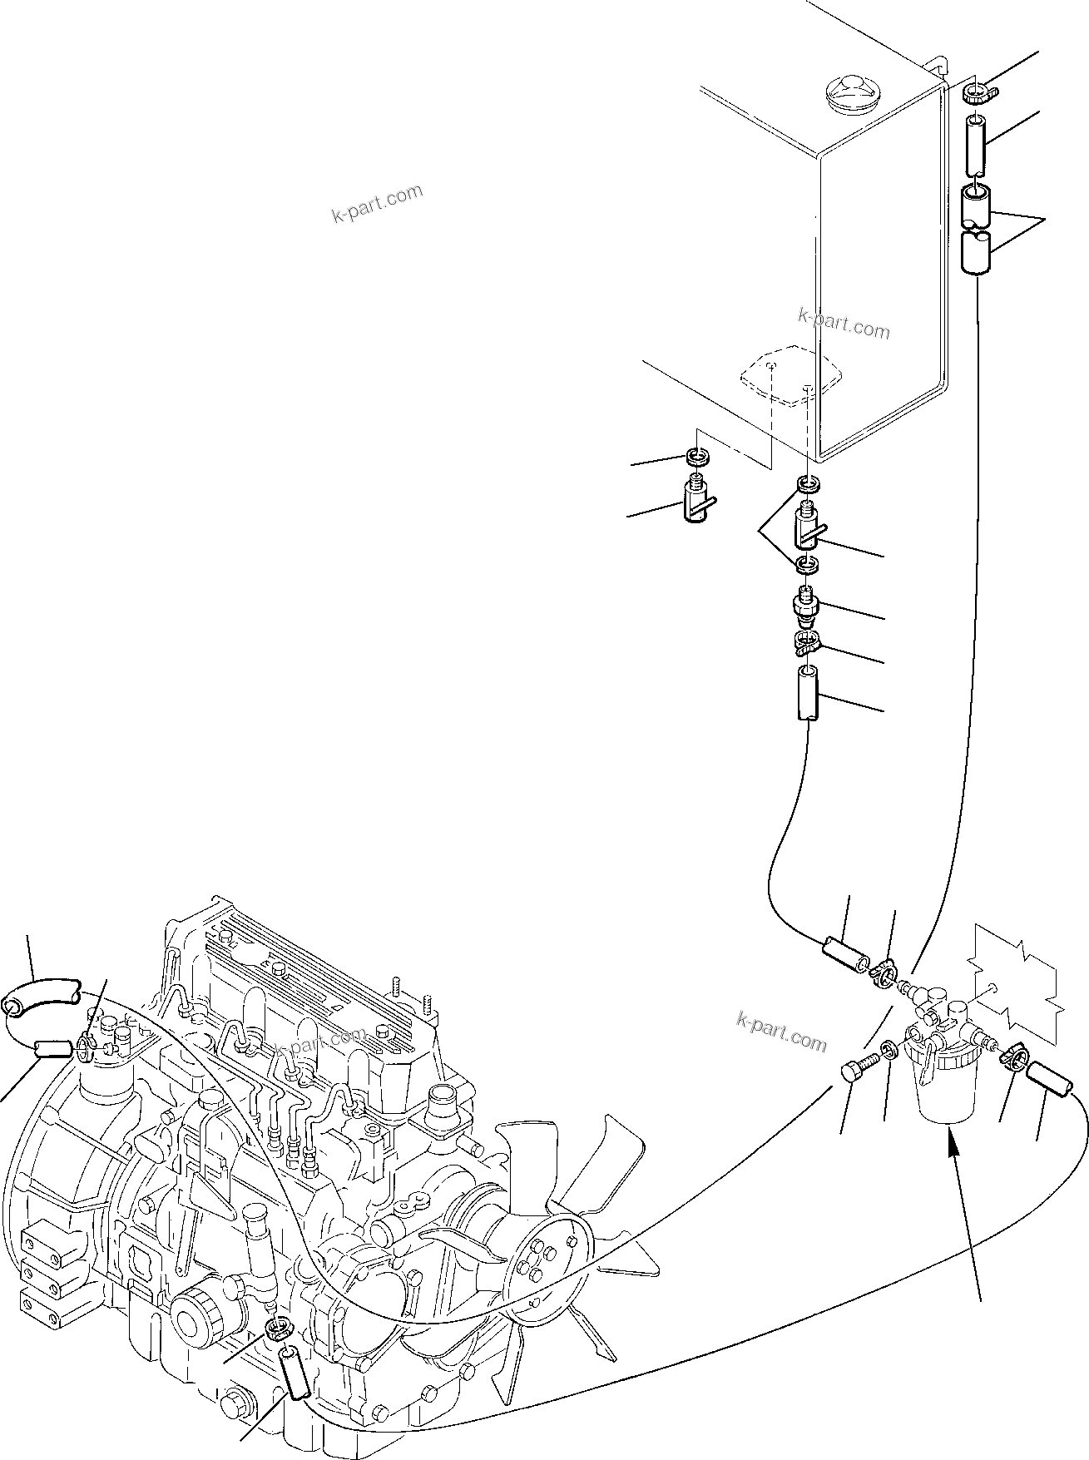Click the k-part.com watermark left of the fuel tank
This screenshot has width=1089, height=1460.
pos(377,205)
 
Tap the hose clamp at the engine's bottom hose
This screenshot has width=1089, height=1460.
pos(280,1329)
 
